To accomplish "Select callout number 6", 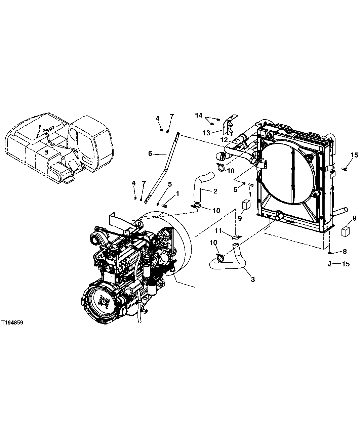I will [150, 154].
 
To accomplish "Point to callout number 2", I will [215, 191].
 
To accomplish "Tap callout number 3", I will [253, 279].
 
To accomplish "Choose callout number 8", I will [345, 251].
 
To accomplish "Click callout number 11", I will [219, 230].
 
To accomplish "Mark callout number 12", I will [224, 139].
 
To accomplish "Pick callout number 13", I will [206, 133].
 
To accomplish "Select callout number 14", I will [199, 115].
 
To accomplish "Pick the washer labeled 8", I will [330, 252].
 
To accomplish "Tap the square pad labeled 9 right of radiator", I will [346, 232].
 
